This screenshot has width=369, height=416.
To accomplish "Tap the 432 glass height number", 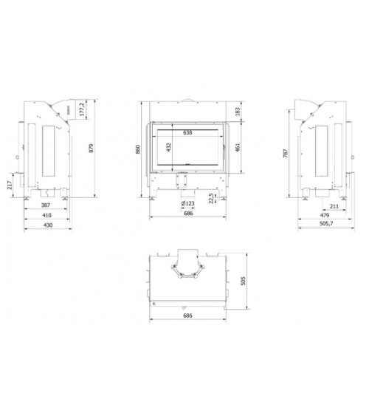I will pyautogui.click(x=169, y=148).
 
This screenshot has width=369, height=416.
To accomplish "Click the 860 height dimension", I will pyautogui.click(x=138, y=149).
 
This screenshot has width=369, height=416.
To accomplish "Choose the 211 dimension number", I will pyautogui.click(x=334, y=206).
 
